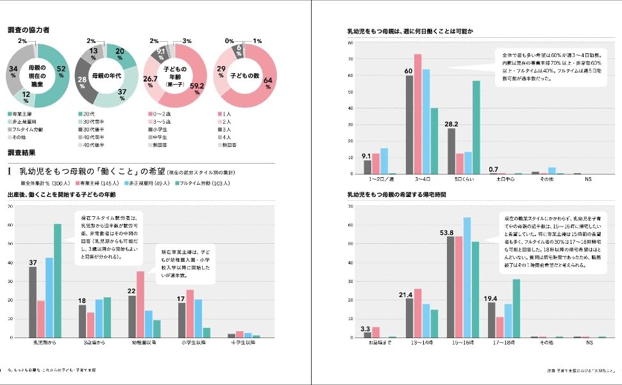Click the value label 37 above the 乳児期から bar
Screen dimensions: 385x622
[x=33, y=262]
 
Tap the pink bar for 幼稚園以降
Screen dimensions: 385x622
[x=140, y=304]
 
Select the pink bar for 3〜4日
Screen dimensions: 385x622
[x=417, y=114]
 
